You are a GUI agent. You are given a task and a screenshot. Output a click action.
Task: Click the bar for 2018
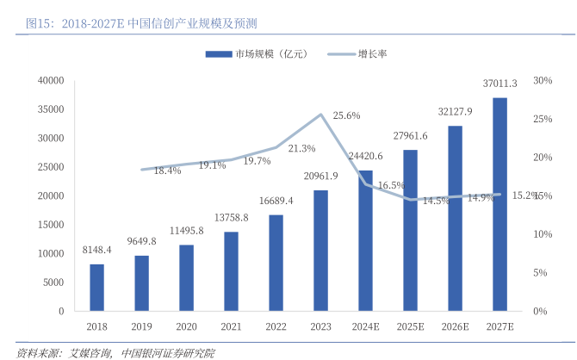96,288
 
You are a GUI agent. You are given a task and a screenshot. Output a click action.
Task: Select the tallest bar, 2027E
499,204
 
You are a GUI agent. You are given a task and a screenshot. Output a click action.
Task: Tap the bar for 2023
320,251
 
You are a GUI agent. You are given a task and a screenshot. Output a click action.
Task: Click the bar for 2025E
410,230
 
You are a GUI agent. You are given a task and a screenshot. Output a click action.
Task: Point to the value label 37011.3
500,84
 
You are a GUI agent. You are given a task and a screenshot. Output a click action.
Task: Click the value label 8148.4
96,251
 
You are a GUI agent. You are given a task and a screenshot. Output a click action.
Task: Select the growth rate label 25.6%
346,115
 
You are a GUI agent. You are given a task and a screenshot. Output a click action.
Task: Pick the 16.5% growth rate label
390,185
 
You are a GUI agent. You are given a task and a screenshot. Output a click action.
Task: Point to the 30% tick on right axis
543,80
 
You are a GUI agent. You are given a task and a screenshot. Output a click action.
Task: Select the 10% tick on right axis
543,234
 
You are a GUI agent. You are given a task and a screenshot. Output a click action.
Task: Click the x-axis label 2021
232,327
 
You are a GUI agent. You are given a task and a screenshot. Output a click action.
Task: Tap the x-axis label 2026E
455,327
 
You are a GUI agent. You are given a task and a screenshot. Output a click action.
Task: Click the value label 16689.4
276,201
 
